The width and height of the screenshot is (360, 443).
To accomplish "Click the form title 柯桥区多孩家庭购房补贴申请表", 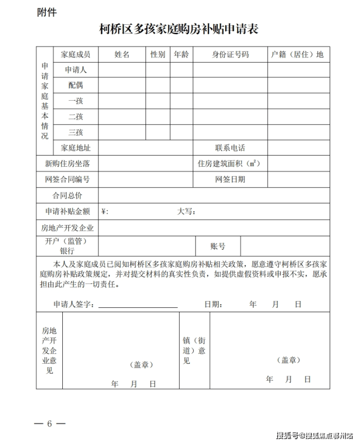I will pos(179,30).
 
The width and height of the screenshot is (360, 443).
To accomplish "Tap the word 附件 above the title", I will pos(47,12).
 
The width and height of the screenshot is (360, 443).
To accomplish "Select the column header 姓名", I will pos(122,54).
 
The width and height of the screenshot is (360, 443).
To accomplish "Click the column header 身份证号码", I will pos(230,54).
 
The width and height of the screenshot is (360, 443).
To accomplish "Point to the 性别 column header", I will pos(158,54).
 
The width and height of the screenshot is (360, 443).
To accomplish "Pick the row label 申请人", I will pos(75,70).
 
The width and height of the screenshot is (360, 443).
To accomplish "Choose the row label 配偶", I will pos(75,86).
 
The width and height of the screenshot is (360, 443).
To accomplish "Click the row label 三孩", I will pos(75,132).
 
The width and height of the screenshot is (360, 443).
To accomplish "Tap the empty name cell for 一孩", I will pos(122,101).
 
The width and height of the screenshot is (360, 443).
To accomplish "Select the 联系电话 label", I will pos(230,148).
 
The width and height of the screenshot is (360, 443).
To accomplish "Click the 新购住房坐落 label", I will pos(67,164).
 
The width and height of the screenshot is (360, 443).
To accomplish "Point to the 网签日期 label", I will pos(230,179).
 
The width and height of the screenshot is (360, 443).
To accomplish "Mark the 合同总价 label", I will pos(67,195).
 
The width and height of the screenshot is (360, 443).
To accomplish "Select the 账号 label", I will pos(217,247).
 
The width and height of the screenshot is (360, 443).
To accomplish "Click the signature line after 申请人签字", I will pos(138,305).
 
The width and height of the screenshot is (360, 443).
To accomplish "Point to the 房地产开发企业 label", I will pos(67,228).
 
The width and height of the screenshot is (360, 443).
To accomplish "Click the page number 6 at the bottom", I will pos(49,423).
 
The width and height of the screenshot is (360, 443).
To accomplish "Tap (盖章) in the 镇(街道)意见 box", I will pos(288,360).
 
